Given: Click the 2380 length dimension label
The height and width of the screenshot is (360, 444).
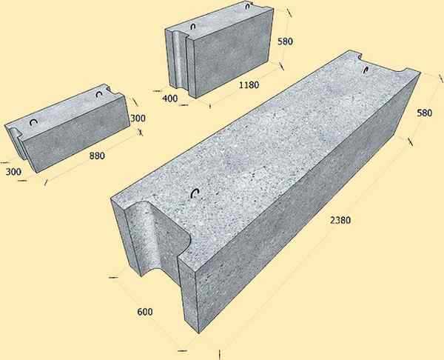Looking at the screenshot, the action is point(340,220).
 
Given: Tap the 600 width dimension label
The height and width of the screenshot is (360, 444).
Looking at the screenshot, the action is point(145,312).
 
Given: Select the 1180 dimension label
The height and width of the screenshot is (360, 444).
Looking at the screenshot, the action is point(249,84).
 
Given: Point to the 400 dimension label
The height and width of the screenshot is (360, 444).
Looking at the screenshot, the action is point(170,99).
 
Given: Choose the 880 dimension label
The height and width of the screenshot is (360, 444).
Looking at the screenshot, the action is point(97,156).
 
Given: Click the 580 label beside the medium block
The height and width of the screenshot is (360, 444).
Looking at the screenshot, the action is point(285,41).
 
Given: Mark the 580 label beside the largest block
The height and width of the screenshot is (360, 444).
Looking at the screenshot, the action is point(424,113).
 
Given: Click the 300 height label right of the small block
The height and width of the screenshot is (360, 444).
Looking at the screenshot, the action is point(138,118).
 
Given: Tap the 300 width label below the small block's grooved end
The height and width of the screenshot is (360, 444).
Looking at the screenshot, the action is point(13,172).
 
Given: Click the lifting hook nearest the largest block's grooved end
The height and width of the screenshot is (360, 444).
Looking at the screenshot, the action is point(195,193).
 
